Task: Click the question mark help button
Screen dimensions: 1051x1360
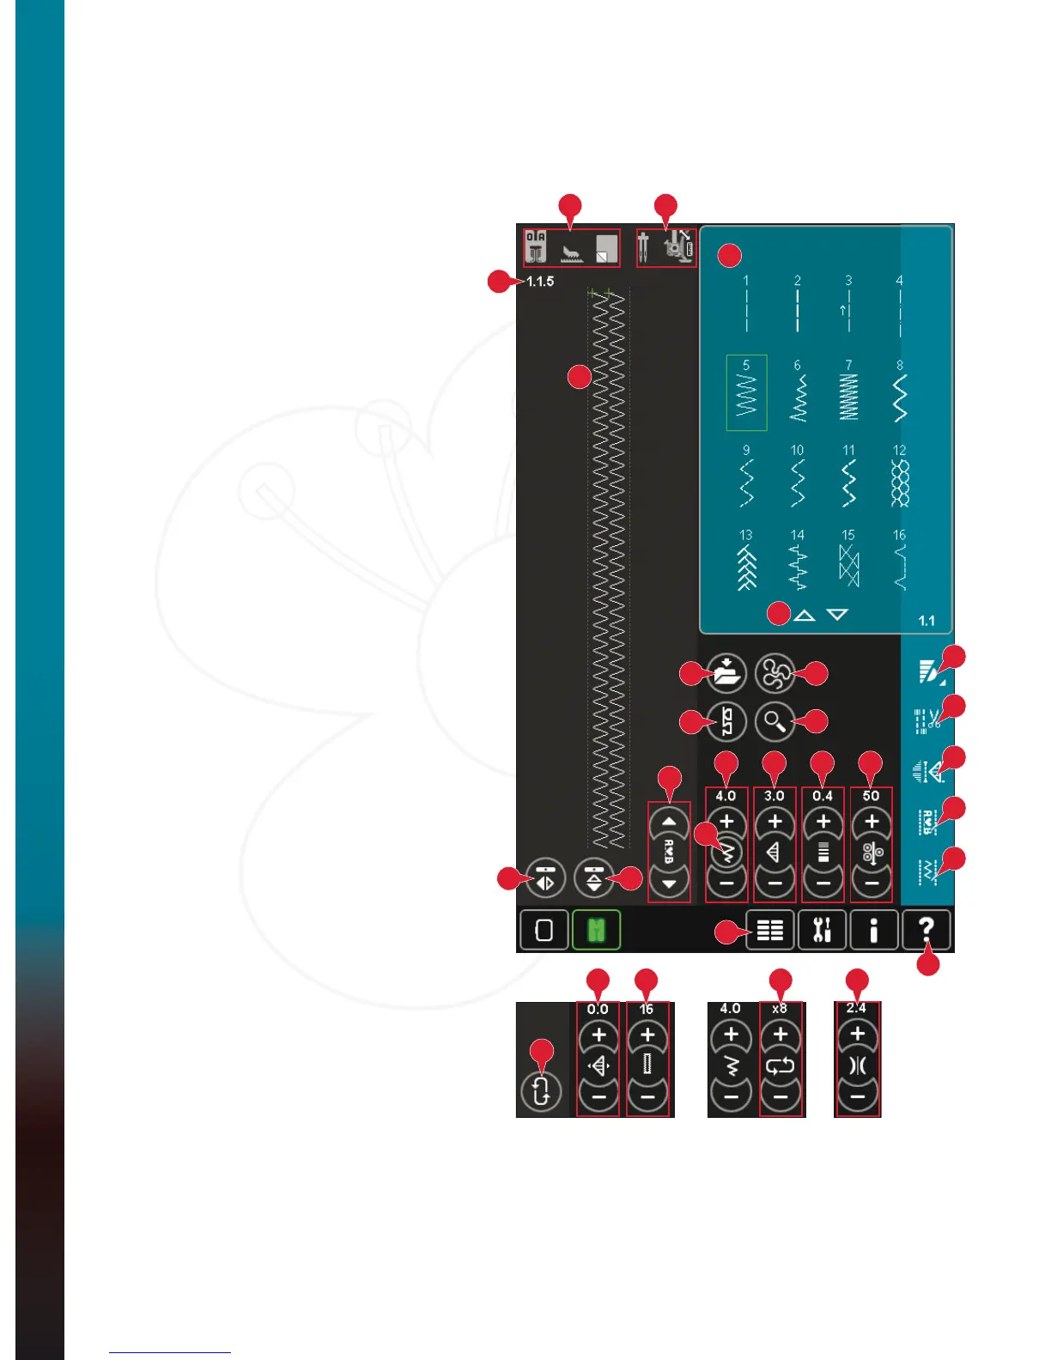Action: (x=926, y=930)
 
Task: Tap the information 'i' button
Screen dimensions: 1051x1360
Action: (x=874, y=930)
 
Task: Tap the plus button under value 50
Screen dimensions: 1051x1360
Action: (x=872, y=822)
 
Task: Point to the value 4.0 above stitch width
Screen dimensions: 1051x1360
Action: (x=726, y=796)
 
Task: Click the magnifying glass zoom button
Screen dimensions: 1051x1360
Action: (x=775, y=722)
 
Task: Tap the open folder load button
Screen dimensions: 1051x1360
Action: (x=726, y=673)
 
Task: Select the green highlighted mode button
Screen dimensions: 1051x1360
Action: (x=596, y=930)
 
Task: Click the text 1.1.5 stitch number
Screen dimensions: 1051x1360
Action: (x=540, y=282)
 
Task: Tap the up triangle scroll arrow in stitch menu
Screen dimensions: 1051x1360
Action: (x=805, y=615)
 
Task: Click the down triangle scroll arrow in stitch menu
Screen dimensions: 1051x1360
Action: (x=837, y=615)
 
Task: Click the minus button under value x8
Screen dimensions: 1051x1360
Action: (x=781, y=1096)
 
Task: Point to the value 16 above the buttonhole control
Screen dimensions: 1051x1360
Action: (x=647, y=1009)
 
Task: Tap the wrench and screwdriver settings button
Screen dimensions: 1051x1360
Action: (x=822, y=930)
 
